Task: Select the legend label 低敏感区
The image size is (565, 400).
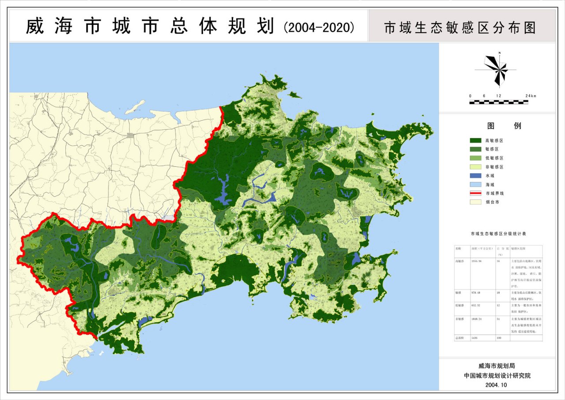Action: pyautogui.click(x=494, y=158)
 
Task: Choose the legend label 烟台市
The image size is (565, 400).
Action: pyautogui.click(x=492, y=202)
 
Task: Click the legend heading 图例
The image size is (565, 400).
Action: pyautogui.click(x=504, y=126)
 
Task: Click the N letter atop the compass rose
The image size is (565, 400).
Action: pyautogui.click(x=499, y=53)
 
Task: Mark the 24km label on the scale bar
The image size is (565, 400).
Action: pyautogui.click(x=530, y=96)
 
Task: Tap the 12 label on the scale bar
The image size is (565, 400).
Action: pyautogui.click(x=498, y=96)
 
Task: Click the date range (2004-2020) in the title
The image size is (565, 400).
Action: pyautogui.click(x=318, y=27)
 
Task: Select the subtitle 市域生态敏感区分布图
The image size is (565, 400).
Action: pyautogui.click(x=460, y=27)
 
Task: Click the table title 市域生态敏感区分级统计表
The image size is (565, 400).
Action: pyautogui.click(x=498, y=233)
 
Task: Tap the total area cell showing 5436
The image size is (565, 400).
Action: pyautogui.click(x=475, y=337)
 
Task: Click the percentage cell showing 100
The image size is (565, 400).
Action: pyautogui.click(x=499, y=337)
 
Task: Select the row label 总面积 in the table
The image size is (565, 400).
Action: pyautogui.click(x=460, y=337)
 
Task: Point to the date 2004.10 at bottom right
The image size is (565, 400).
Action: pyautogui.click(x=496, y=385)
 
